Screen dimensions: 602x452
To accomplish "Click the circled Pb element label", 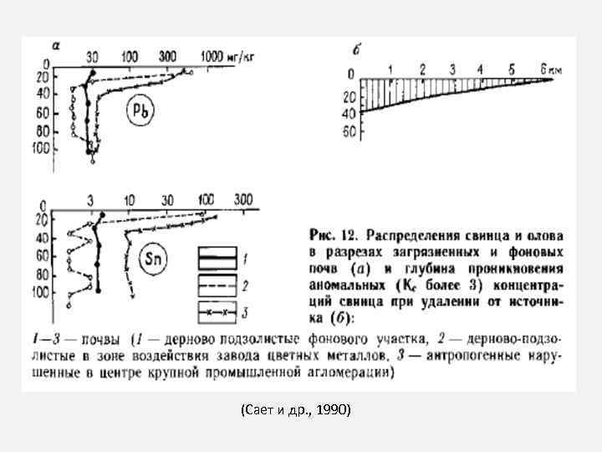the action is click(140, 110).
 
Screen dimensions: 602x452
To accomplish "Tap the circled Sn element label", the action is click(154, 259).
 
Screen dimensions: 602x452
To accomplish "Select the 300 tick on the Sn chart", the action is click(243, 199).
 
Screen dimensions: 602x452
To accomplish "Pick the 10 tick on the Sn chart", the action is click(130, 199).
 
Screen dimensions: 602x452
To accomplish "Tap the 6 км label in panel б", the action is click(549, 68).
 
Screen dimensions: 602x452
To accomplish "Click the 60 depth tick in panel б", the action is click(349, 132).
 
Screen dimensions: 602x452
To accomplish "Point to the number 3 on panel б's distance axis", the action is click(452, 68).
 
